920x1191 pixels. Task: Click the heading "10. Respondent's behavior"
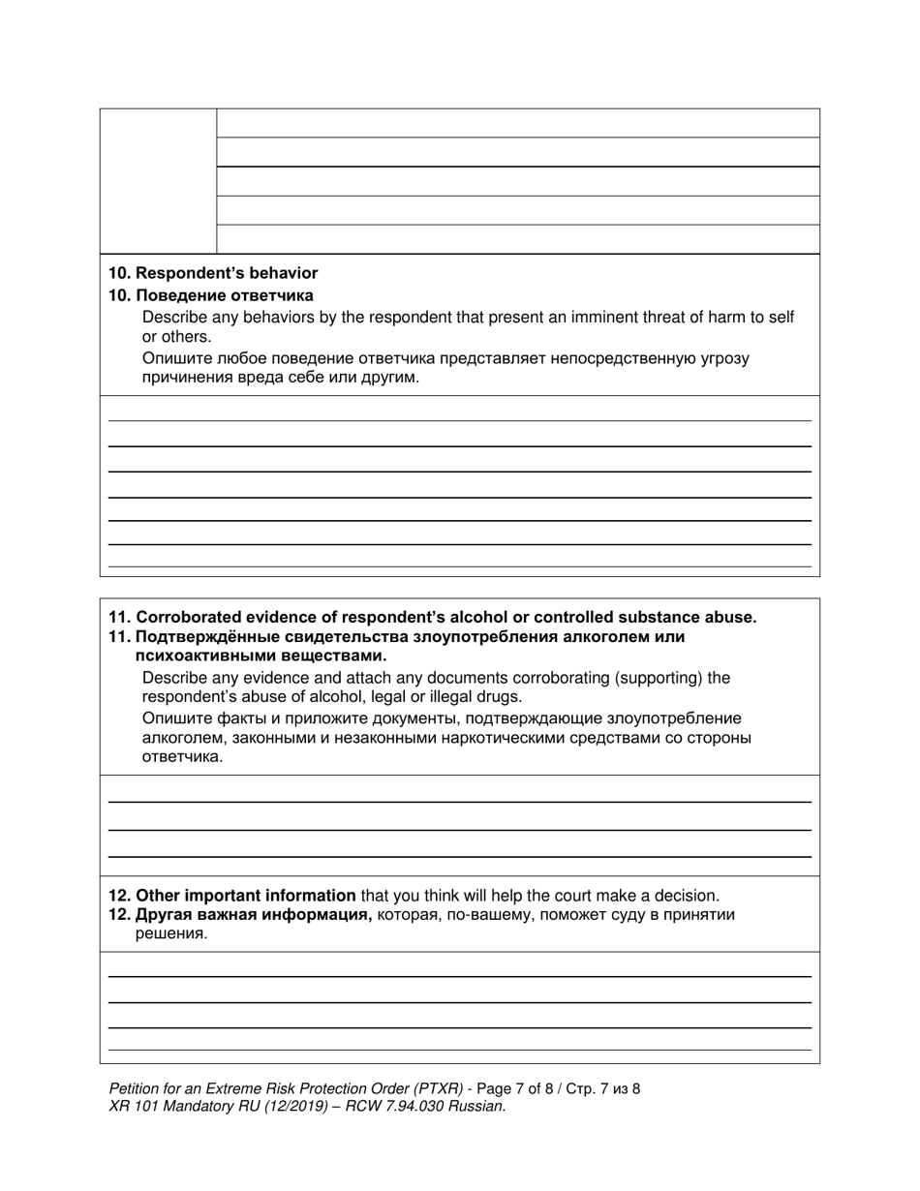point(213,273)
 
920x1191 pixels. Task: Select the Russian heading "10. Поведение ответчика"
point(211,295)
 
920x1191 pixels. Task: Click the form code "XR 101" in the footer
point(133,1106)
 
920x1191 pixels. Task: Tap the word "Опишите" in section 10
point(172,358)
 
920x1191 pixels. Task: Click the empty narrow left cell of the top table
point(158,181)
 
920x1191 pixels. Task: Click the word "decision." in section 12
point(689,895)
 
